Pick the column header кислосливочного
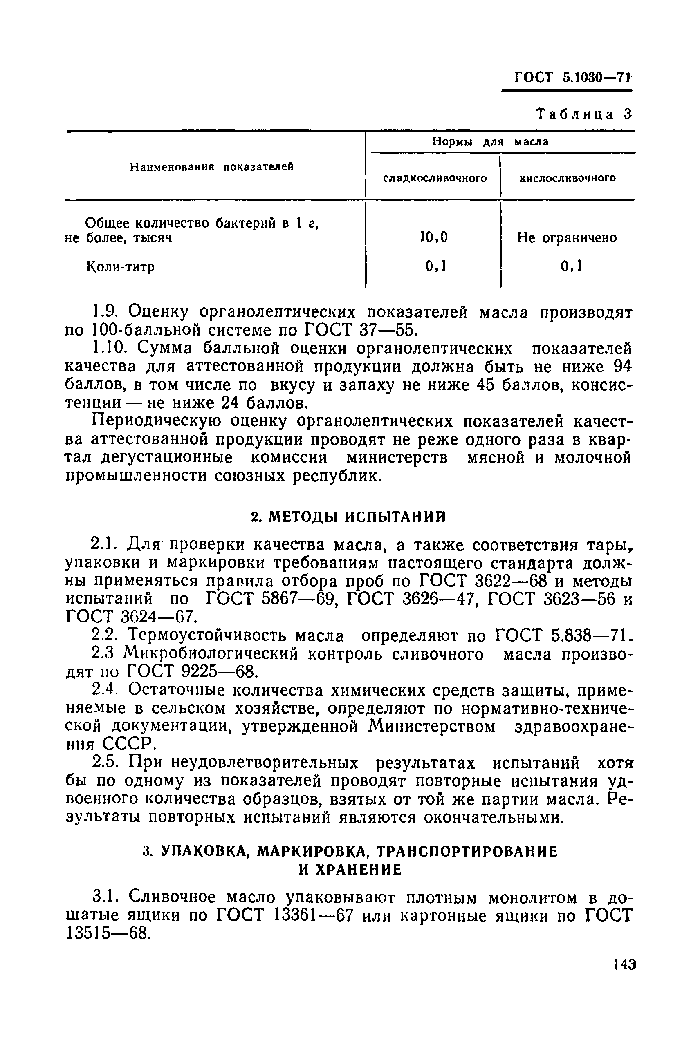click(568, 179)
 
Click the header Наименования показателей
click(212, 167)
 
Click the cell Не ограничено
click(567, 238)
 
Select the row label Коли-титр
click(120, 267)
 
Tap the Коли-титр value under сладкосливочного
click(436, 266)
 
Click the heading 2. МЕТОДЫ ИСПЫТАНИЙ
click(348, 517)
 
